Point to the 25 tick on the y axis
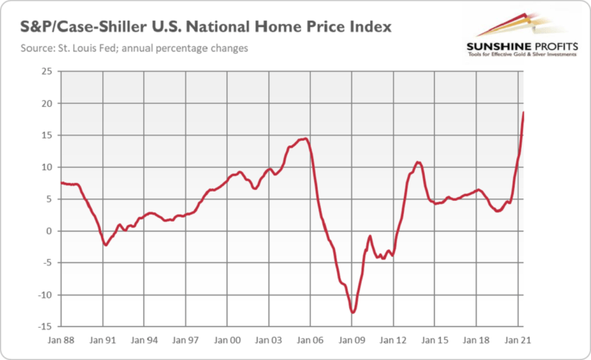(x=48, y=72)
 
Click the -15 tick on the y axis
(x=46, y=326)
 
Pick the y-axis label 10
(x=48, y=167)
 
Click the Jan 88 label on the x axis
(x=61, y=338)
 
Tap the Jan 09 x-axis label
(x=352, y=338)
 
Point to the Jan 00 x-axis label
(x=227, y=338)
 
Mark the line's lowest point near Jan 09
(x=352, y=312)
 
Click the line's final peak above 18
(x=524, y=112)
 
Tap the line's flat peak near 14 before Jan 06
(x=305, y=138)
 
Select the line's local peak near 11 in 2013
(x=417, y=162)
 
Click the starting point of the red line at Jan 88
(x=61, y=182)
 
